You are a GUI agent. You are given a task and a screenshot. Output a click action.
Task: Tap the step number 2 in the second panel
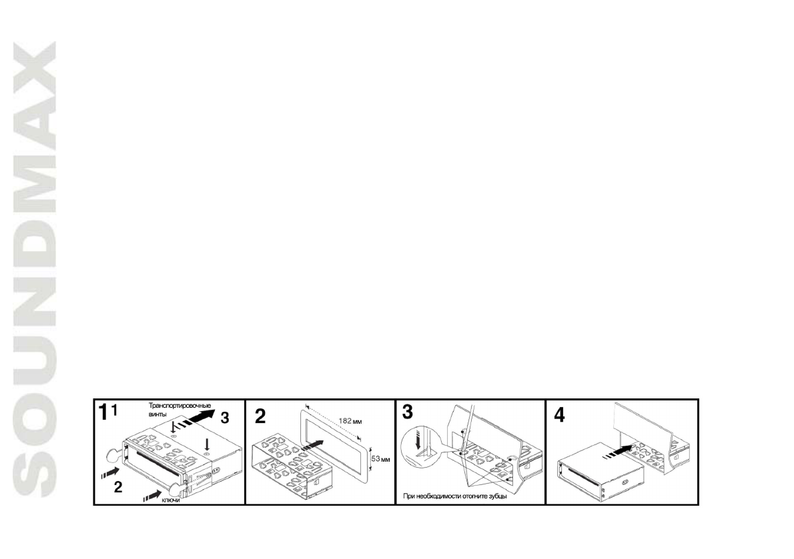pos(260,414)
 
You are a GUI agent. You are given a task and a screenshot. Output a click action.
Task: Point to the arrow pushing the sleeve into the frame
pos(316,447)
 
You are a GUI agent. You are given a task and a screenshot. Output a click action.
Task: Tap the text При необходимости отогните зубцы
pos(455,496)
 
